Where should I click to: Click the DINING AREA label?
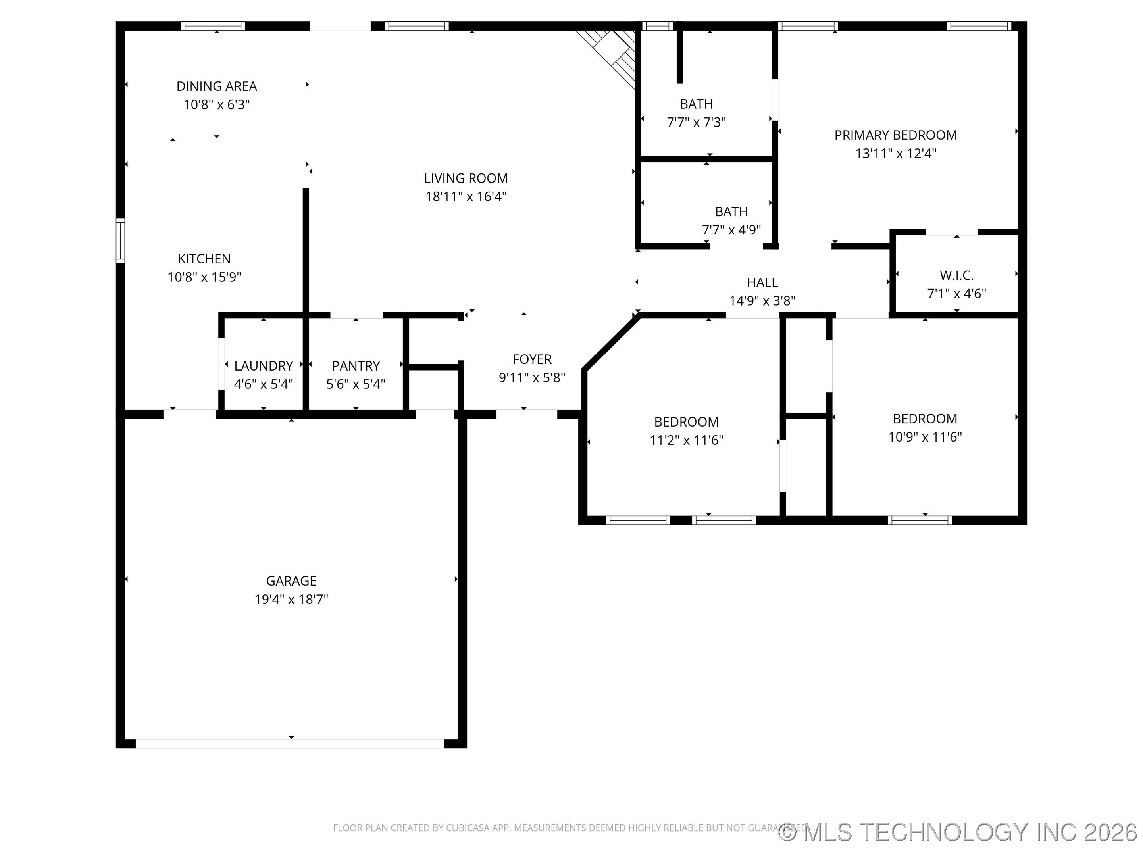[217, 86]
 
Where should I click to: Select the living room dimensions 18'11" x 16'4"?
[466, 197]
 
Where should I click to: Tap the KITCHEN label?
[204, 259]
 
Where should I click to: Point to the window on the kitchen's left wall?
[120, 241]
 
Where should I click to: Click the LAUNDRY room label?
[263, 366]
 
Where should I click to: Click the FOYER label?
[532, 359]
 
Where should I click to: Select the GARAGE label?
[291, 581]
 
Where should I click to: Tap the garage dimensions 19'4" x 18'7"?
[291, 599]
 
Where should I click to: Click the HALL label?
[762, 282]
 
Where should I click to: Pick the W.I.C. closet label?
[956, 275]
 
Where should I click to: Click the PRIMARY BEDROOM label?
[895, 135]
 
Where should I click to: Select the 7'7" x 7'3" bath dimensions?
[696, 123]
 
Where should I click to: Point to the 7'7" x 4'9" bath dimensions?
[731, 230]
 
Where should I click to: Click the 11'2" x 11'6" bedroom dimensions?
[686, 440]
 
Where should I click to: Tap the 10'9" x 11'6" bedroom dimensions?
[924, 437]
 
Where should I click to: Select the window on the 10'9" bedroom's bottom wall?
[920, 520]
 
